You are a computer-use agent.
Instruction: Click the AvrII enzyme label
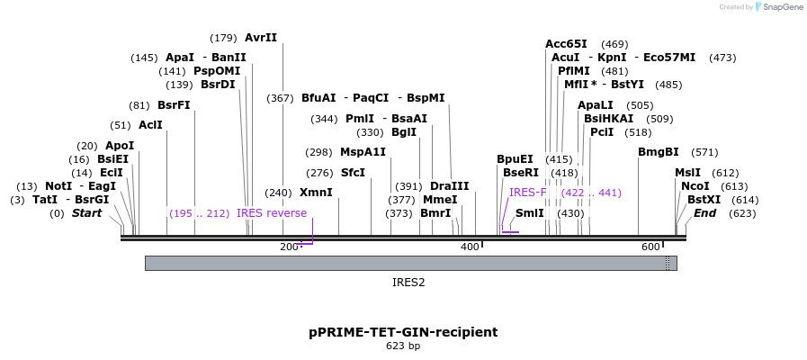pos(261,38)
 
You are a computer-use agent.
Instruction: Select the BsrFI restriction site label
pos(174,105)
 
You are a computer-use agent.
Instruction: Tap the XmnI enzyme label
pos(316,193)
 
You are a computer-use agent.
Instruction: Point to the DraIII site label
pos(450,186)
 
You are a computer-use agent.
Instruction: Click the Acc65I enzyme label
pos(566,44)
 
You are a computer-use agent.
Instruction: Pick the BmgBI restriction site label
pos(659,152)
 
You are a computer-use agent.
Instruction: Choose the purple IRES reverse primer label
pos(272,213)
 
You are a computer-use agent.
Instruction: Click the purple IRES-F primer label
pos(527,193)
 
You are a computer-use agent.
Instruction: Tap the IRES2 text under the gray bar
pos(408,282)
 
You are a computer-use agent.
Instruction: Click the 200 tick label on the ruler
pos(289,247)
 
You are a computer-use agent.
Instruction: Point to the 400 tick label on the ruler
pos(470,247)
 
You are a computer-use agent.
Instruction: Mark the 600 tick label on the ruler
pos(650,247)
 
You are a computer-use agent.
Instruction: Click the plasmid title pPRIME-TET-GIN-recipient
pos(403,331)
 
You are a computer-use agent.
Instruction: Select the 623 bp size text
pos(403,346)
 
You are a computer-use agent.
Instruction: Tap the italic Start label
pos(86,213)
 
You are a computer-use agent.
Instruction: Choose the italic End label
pos(704,213)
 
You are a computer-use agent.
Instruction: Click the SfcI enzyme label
pos(353,172)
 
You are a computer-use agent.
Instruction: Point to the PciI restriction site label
pos(602,132)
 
